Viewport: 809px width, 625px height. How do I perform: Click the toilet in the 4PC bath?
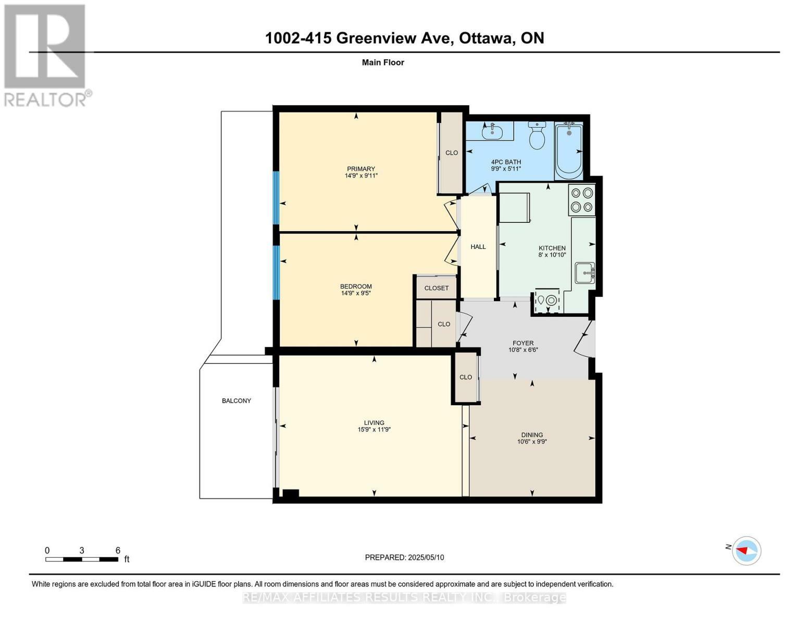click(537, 135)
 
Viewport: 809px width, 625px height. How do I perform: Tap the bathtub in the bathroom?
click(568, 152)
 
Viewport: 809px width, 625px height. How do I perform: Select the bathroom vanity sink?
click(492, 131)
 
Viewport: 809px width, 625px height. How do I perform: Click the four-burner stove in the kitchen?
click(581, 199)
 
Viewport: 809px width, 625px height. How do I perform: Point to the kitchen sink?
click(584, 273)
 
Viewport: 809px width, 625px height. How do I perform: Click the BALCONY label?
click(237, 401)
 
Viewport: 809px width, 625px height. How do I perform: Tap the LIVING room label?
click(374, 422)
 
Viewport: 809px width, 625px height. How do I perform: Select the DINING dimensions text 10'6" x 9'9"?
click(532, 442)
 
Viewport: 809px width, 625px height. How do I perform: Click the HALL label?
click(478, 246)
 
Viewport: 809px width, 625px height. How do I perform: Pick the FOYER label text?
click(523, 343)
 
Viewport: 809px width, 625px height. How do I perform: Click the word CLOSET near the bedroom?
click(437, 287)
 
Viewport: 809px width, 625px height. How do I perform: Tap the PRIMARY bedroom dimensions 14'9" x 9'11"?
click(361, 176)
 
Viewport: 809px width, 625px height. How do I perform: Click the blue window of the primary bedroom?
click(276, 197)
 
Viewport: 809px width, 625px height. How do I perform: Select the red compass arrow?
click(742, 550)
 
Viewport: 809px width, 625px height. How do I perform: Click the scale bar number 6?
click(118, 550)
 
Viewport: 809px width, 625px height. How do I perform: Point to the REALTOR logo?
click(46, 55)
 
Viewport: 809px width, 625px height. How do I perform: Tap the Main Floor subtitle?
click(383, 62)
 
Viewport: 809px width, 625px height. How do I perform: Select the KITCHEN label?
click(552, 248)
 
